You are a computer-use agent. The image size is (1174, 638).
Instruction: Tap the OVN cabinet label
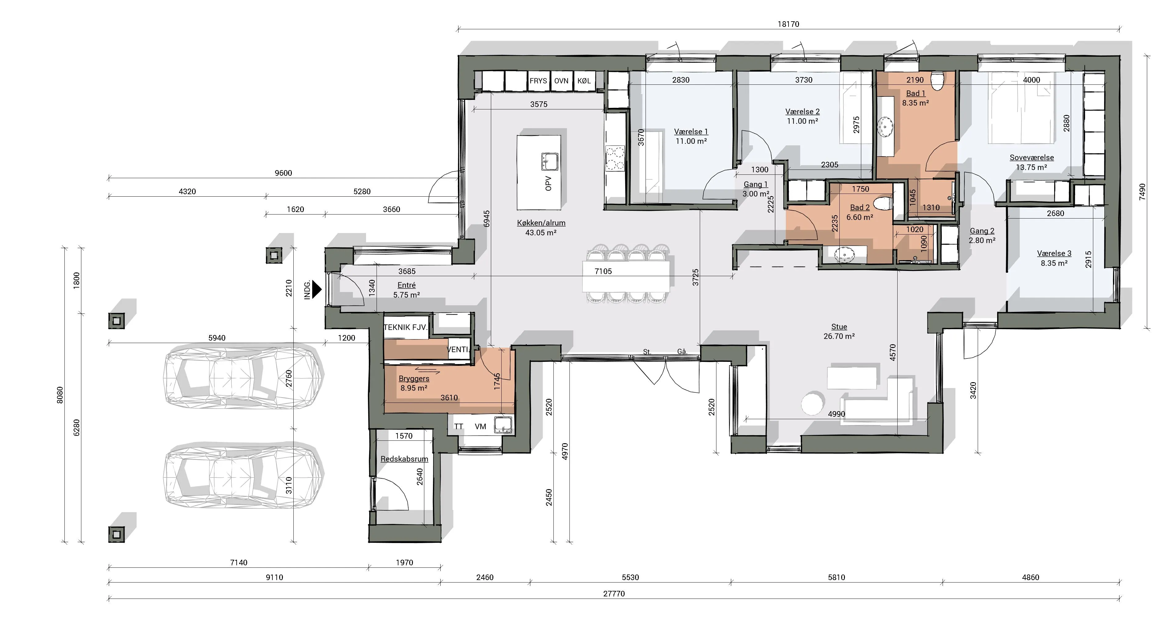[x=561, y=81]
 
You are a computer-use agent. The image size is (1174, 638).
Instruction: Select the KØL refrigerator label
[x=584, y=81]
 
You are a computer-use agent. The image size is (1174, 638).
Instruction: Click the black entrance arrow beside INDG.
[x=317, y=289]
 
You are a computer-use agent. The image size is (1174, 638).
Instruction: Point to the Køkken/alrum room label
[x=541, y=223]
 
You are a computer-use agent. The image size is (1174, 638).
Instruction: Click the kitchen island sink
[x=550, y=161]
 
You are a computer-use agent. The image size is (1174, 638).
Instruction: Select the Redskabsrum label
[x=404, y=459]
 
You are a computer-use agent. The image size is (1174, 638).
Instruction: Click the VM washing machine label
[x=480, y=427]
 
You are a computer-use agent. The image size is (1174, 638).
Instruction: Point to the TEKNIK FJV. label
[x=405, y=327]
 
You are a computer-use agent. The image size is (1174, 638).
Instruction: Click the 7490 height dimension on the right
[x=1142, y=191]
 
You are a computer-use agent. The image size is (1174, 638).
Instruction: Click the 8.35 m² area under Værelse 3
[x=1054, y=263]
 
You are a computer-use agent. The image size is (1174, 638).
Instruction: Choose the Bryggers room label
[x=414, y=378]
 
